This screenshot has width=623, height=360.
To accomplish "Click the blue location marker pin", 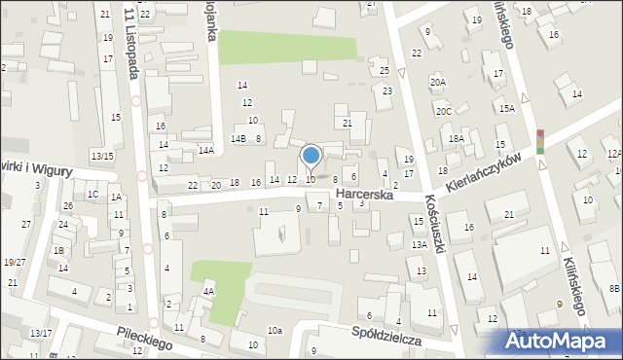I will coord(311,156).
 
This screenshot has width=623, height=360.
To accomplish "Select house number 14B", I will coord(238,139).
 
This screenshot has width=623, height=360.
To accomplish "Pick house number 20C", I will coord(444,112).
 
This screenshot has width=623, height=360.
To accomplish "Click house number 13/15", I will coord(102,156).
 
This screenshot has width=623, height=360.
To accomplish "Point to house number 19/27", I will coord(14,262).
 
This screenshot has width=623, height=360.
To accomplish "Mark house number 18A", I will coord(456,139).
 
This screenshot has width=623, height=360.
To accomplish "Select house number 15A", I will coord(506,108).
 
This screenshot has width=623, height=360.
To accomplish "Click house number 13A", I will coord(419,244).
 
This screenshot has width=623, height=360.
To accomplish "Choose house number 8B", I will coord(614,288).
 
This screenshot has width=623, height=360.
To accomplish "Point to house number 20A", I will coord(439,83).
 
